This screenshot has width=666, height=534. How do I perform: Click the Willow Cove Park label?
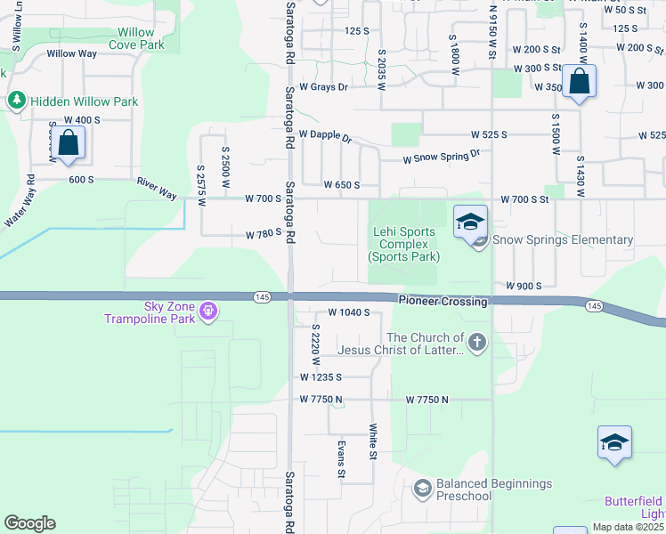[x=136, y=38]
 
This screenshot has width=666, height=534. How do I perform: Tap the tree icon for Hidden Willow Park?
[x=16, y=101]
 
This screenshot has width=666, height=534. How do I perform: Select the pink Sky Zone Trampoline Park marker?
[x=208, y=311]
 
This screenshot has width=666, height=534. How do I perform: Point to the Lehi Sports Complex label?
[x=404, y=244]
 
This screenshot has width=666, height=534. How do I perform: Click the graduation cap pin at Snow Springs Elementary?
[x=470, y=222]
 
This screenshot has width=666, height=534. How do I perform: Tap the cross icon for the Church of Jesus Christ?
[x=477, y=343]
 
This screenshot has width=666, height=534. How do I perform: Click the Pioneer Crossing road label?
[x=443, y=302]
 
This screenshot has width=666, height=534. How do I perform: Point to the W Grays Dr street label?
[x=323, y=87]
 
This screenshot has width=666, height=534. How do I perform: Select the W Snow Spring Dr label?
[x=442, y=157]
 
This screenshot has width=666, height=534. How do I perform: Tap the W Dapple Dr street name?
[x=325, y=135]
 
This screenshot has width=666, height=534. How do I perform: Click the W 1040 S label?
[x=348, y=312]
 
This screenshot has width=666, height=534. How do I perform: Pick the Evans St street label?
[x=340, y=458]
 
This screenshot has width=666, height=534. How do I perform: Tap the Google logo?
[x=29, y=523]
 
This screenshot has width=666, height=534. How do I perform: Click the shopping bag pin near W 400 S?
[x=68, y=142]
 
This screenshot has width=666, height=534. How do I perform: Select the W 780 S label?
[x=264, y=235]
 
